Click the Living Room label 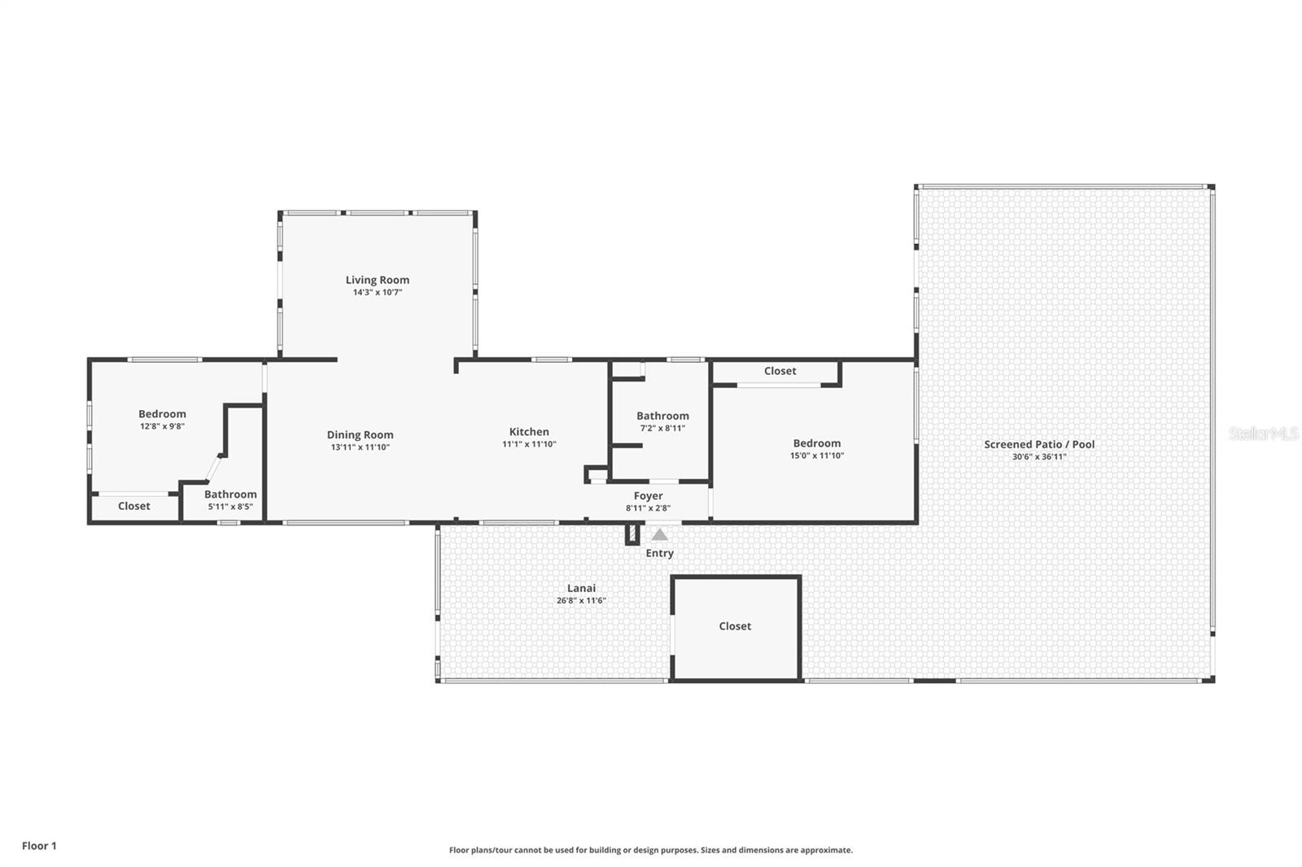pos(377,280)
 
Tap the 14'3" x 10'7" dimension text pos(377,292)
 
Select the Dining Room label pos(360,434)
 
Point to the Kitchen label pos(529,432)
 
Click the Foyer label pos(648,495)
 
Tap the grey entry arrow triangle pos(660,535)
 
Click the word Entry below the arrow pos(659,553)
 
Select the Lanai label pos(581,588)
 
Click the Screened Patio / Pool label pos(1039,444)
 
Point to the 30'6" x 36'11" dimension pos(1039,457)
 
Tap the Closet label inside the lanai pos(734,625)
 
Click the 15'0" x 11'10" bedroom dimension pos(816,455)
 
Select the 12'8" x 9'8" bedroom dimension pos(162,426)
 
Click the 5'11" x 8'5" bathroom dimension pos(230,507)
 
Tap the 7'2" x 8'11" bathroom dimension pos(662,428)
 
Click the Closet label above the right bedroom pos(780,371)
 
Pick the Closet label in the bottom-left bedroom pos(133,506)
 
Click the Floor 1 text pos(39,846)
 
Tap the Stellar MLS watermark pos(1263,433)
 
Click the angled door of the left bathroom pos(213,468)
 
